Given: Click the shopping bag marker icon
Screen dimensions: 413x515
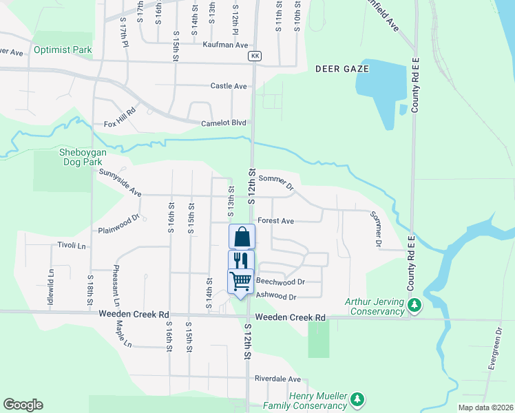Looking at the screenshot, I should click(x=242, y=237).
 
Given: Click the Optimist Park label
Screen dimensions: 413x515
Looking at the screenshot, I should click(x=61, y=50).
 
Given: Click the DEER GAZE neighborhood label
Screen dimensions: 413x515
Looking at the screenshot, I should click(x=342, y=69).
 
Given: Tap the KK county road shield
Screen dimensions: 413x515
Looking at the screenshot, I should click(x=255, y=56).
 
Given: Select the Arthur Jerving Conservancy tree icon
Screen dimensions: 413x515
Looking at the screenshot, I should click(x=414, y=304).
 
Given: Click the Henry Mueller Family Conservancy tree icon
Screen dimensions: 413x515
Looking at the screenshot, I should click(x=357, y=399).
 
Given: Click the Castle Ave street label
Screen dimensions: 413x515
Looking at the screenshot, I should click(x=229, y=86).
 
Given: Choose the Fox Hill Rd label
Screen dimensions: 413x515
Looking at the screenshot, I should click(x=120, y=125).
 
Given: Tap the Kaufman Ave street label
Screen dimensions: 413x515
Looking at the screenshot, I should click(x=225, y=45).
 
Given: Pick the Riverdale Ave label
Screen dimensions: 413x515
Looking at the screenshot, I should click(x=277, y=379).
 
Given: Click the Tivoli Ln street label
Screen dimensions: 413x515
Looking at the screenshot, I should click(x=72, y=245).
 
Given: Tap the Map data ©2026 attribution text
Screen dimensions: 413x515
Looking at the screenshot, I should click(x=485, y=407).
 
